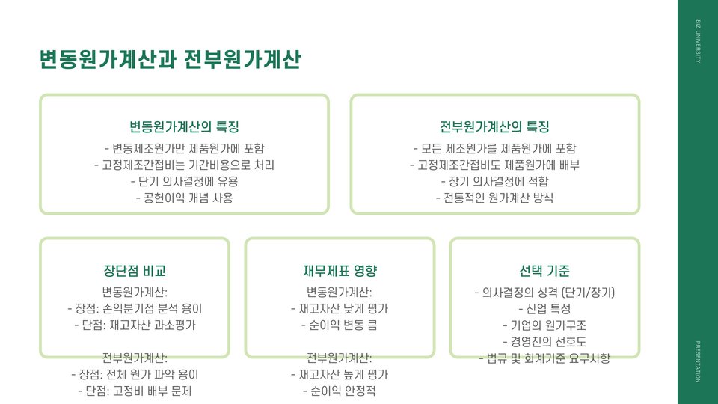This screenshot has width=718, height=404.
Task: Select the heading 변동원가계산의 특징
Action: point(184,126)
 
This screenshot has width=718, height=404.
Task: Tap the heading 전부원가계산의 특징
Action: point(494,126)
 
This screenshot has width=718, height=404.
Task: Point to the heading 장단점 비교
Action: point(135,270)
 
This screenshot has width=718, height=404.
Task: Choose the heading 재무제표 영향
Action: point(340,270)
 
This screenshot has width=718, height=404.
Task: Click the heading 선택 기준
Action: point(544,270)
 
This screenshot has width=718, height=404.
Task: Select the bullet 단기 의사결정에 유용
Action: point(184,181)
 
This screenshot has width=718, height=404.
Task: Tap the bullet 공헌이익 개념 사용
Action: point(184,198)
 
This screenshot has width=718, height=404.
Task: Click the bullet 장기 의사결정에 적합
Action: point(494,181)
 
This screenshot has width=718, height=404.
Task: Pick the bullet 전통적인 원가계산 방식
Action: point(494,198)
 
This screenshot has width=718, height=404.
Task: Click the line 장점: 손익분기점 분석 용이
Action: point(135,308)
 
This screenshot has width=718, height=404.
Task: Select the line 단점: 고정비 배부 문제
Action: point(135,391)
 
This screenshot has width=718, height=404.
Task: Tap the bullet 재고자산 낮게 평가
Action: point(340,308)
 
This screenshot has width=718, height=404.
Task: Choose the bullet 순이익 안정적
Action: point(340,391)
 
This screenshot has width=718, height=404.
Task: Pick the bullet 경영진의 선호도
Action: point(544,342)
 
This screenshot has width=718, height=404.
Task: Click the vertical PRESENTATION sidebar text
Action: point(699,361)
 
